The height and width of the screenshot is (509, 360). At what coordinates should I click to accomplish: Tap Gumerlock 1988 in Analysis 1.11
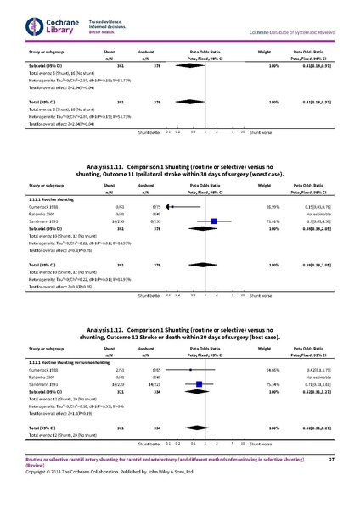click(46, 207)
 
